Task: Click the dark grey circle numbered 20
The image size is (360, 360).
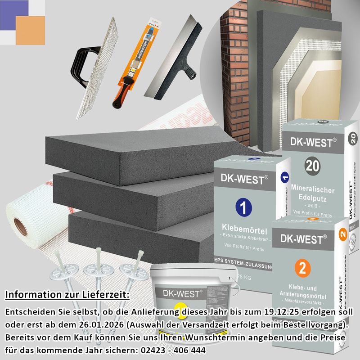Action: click(312, 166)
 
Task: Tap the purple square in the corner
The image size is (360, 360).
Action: click(13, 13)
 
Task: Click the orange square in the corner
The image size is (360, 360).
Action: click(31, 30)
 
